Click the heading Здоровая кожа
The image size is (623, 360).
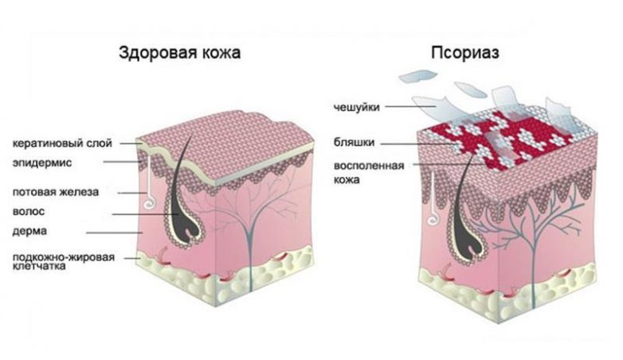click(x=179, y=53)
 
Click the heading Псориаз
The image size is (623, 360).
click(x=465, y=53)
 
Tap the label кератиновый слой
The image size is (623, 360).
click(x=62, y=143)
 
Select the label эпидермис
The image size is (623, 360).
click(x=42, y=163)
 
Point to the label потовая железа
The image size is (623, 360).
click(x=56, y=192)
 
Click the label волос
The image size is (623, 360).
click(x=29, y=211)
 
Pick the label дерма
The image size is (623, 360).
click(x=29, y=231)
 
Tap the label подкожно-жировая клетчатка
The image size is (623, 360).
click(x=64, y=261)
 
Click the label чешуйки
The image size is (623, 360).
click(x=357, y=108)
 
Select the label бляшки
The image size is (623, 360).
click(x=354, y=143)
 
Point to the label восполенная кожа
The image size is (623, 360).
click(x=369, y=173)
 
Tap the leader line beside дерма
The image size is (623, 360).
click(x=116, y=233)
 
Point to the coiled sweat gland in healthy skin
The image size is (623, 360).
click(x=151, y=202)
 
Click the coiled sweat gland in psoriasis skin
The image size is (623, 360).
click(x=433, y=220)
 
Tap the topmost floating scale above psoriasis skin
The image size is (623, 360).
click(x=418, y=76)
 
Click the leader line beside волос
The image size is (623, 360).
click(x=145, y=214)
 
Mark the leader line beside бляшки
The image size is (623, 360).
click(x=420, y=143)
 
